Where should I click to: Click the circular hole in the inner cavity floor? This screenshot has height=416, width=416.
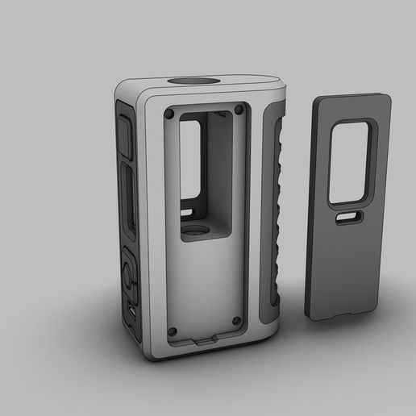coord(196,233)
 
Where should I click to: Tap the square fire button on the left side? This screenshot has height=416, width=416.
coord(124,135)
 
